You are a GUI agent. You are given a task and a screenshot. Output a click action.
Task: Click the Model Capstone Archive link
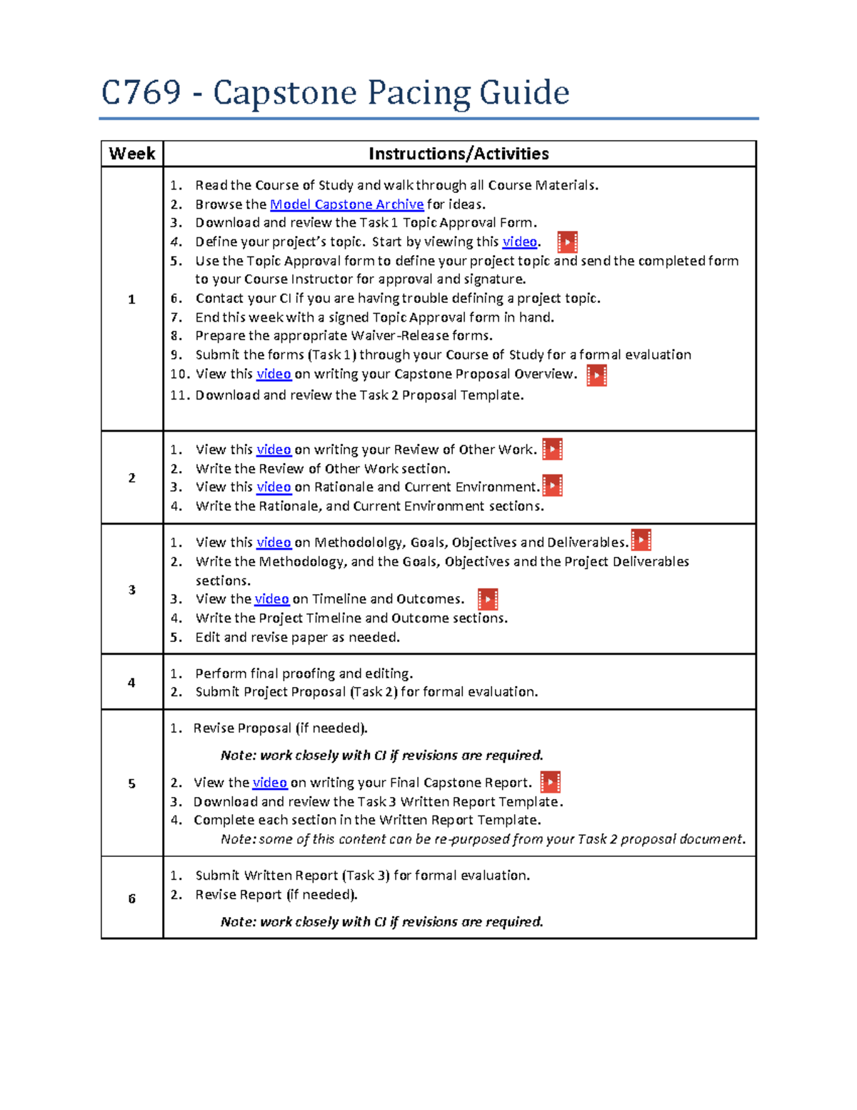click(346, 204)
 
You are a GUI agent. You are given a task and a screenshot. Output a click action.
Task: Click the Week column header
click(132, 154)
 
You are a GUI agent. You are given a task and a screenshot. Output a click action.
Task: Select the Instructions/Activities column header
click(458, 154)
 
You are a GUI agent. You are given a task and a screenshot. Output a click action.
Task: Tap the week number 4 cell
click(131, 683)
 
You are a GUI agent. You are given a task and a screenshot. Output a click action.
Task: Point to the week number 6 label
click(131, 898)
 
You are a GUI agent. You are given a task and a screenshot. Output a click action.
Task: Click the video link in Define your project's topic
click(519, 242)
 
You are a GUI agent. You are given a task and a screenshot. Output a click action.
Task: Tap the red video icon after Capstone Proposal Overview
click(596, 375)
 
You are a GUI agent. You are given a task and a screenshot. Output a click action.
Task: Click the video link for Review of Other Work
click(274, 450)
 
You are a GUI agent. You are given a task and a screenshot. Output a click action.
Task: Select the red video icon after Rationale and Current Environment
click(553, 486)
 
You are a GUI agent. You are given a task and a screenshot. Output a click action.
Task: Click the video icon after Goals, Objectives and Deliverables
click(641, 540)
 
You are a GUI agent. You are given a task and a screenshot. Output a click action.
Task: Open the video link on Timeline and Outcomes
click(271, 599)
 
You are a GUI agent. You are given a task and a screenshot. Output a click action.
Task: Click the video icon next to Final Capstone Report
click(550, 782)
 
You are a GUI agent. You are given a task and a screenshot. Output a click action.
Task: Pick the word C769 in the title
click(141, 93)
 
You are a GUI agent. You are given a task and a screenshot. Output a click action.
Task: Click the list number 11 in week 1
click(179, 395)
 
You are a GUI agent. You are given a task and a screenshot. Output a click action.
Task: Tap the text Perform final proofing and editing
click(304, 673)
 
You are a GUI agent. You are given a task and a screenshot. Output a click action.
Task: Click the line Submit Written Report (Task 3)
click(362, 876)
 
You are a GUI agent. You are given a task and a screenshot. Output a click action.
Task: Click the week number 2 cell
click(131, 477)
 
